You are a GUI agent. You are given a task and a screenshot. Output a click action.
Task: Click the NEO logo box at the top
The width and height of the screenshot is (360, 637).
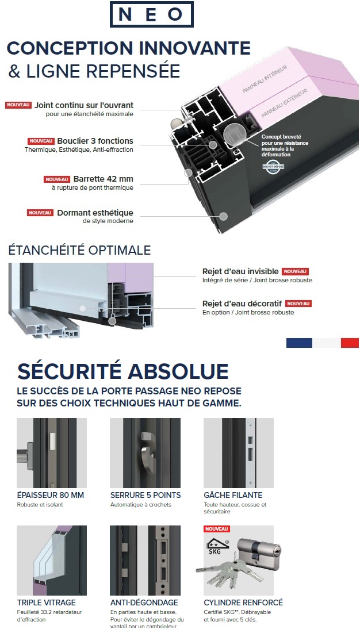152,14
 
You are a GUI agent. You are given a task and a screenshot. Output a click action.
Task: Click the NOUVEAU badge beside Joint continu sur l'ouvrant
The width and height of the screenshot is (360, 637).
18,105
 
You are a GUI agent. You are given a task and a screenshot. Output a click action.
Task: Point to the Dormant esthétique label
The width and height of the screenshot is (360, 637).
95,213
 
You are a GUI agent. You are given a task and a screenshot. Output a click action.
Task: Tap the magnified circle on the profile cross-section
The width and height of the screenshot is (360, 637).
235,137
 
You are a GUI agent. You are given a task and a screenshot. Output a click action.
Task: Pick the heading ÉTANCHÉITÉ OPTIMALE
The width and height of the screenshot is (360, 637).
79,250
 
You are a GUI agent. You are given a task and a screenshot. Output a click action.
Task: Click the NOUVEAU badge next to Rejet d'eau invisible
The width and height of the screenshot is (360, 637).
295,271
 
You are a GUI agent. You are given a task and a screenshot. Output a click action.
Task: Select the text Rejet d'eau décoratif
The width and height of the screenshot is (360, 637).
242,304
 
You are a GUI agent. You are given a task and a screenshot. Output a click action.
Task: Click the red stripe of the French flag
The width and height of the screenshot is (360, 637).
349,343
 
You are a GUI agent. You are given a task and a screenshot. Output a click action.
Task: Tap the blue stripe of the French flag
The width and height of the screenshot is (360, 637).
299,343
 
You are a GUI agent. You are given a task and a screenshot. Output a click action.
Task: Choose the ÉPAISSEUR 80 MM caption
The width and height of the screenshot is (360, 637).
51,495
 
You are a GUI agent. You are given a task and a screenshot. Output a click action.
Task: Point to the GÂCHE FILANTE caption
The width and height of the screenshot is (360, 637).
233,495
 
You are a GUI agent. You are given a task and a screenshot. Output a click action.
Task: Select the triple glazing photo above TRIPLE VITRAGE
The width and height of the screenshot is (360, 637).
52,561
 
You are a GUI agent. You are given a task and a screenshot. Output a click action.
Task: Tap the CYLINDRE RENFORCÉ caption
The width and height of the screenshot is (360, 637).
243,603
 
